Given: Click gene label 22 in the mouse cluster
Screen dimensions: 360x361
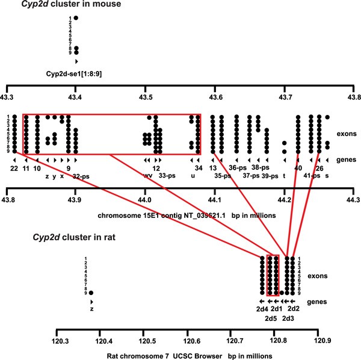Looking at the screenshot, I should [x=14, y=169].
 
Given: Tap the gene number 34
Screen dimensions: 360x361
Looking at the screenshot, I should [x=199, y=169].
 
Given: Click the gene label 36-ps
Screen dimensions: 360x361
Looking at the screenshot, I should [x=238, y=169].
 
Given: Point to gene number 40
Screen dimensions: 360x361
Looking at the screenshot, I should [x=298, y=169].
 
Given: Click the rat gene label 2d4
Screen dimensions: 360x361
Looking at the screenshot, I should [x=262, y=310].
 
